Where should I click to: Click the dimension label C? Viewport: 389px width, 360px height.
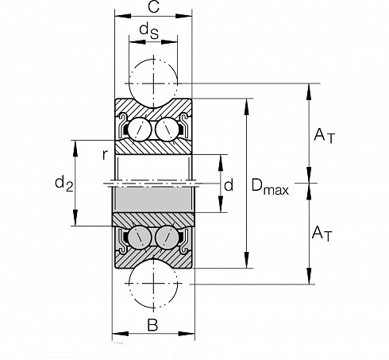click(153, 6)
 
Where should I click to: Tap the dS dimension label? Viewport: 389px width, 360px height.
click(149, 31)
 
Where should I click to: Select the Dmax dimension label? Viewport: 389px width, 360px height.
click(270, 186)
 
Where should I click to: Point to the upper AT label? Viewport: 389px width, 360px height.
click(325, 136)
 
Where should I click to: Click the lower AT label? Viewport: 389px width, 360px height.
click(322, 234)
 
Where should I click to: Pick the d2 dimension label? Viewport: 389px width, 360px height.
click(64, 184)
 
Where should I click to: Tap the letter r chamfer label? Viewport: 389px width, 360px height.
click(105, 155)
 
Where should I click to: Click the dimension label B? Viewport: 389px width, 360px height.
click(152, 325)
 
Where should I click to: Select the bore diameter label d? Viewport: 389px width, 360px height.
click(229, 185)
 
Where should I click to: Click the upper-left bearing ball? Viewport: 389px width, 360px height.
click(140, 130)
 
